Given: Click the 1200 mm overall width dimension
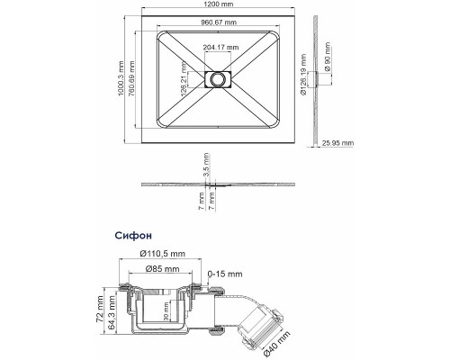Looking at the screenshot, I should [217, 6].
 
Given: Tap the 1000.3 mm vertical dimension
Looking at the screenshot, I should [121, 78].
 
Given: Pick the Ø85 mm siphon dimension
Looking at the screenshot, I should [163, 269].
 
